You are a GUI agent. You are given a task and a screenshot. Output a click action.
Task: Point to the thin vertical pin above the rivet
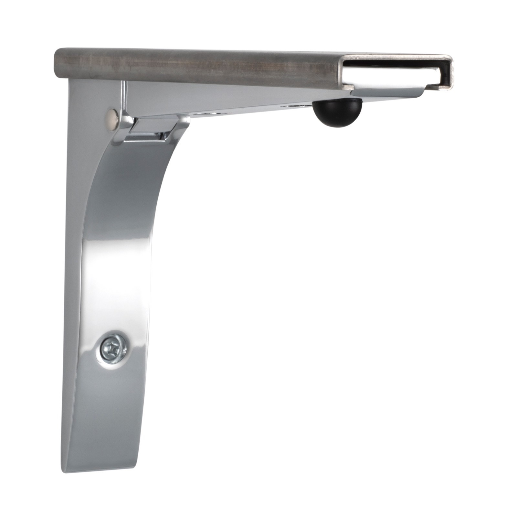(x=123, y=94)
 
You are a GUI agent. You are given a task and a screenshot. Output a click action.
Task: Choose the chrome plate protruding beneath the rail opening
(x=388, y=92)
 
